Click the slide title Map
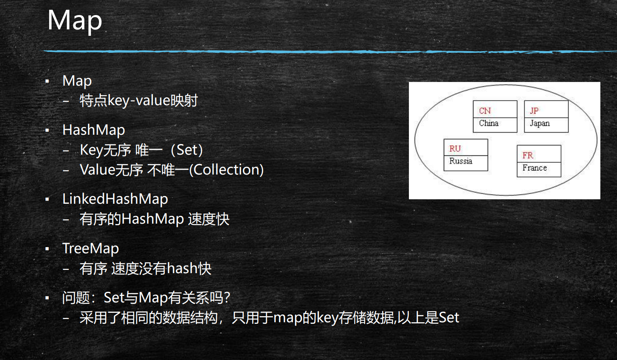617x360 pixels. point(75,20)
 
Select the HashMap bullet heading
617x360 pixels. point(94,130)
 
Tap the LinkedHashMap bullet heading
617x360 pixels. point(115,199)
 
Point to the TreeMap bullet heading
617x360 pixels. point(90,248)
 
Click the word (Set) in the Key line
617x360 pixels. point(187,150)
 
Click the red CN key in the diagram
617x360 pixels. point(485,111)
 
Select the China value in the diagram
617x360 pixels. point(488,123)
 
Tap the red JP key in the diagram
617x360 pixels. point(534,111)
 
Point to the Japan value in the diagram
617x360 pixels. point(540,123)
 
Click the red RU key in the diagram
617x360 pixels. point(455,149)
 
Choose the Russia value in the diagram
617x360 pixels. point(461,161)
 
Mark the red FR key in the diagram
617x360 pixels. point(528,155)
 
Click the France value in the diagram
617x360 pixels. point(535,168)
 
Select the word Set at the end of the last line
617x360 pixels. point(449,317)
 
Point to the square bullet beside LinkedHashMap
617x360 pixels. point(47,200)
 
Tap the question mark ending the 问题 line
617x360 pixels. point(227,298)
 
